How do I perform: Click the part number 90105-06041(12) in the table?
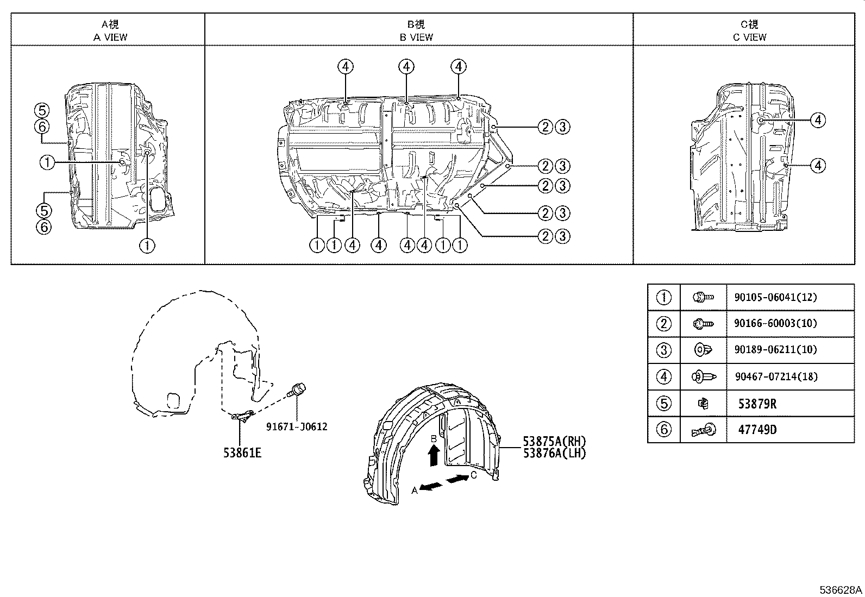(x=775, y=297)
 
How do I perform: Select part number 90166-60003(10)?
(x=775, y=323)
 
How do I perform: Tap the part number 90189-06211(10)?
(x=775, y=350)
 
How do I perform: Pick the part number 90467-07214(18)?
(x=775, y=376)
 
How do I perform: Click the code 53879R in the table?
(x=757, y=404)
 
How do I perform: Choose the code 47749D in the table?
(x=757, y=430)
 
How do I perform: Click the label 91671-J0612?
(x=297, y=426)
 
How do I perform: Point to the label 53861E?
(x=242, y=452)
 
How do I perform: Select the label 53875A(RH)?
(x=555, y=441)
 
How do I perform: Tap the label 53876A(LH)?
(x=555, y=453)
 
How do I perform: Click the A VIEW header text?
(x=110, y=37)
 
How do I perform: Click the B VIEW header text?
(x=416, y=37)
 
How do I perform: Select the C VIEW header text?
(x=749, y=37)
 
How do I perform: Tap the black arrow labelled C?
(x=458, y=479)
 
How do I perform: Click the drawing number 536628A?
(x=841, y=590)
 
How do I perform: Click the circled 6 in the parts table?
(x=664, y=430)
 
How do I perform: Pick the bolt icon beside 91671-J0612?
(x=298, y=390)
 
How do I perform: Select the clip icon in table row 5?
(x=703, y=403)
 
